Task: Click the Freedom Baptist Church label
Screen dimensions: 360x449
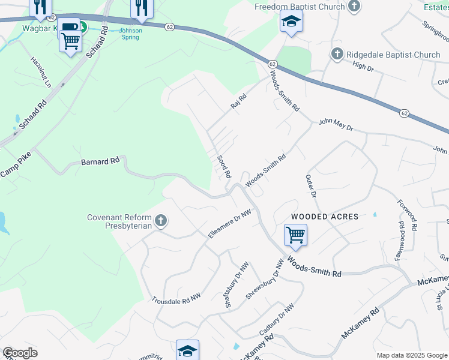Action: [300, 7]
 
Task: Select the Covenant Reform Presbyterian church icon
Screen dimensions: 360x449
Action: [160, 221]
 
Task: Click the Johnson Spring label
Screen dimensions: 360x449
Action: [129, 34]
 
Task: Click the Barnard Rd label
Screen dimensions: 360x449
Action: [100, 161]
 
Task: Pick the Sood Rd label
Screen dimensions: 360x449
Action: [224, 166]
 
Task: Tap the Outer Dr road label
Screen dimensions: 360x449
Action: [310, 186]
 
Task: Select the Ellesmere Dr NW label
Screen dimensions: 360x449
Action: [229, 224]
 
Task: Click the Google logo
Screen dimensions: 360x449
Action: [20, 353]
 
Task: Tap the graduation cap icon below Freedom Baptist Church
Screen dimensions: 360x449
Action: [291, 22]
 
